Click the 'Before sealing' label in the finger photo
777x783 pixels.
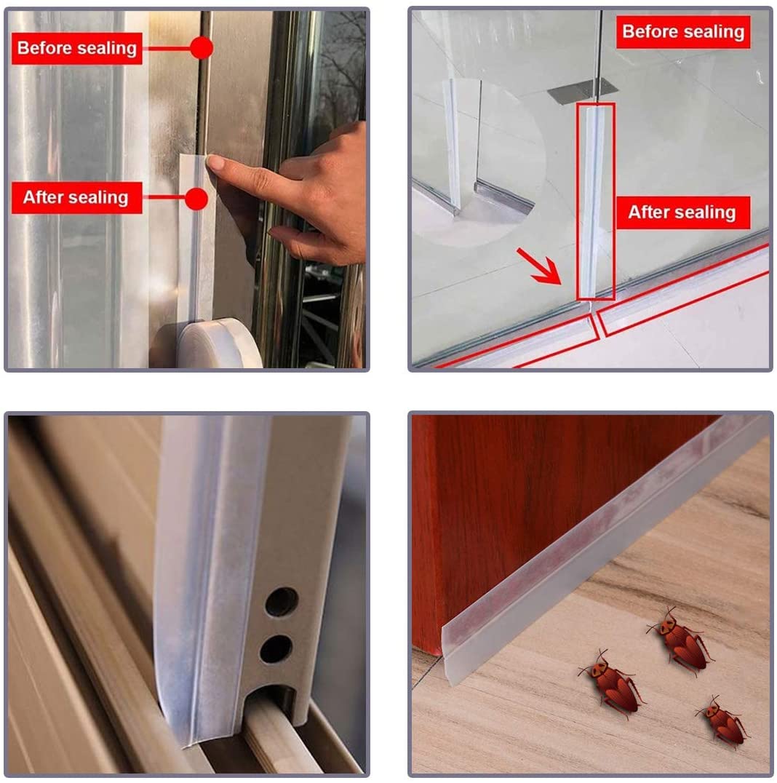[x=76, y=49]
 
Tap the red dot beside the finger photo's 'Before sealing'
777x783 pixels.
[x=202, y=49]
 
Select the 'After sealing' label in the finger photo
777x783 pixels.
[x=76, y=198]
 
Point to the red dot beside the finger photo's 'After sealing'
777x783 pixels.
[x=196, y=198]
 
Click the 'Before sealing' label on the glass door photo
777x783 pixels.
[x=683, y=33]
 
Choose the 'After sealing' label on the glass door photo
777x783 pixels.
[x=682, y=212]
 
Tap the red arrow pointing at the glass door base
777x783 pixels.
[x=539, y=266]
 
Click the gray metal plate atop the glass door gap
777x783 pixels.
[x=582, y=91]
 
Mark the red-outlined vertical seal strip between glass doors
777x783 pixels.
[x=596, y=200]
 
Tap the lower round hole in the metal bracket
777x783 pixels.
[x=276, y=648]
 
